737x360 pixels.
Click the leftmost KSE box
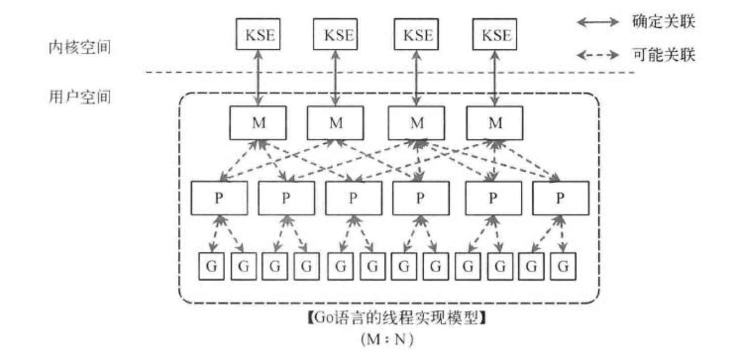(x=258, y=34)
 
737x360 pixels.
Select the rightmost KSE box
(x=495, y=34)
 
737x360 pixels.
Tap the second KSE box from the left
(x=336, y=34)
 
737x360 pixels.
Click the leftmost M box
(x=258, y=123)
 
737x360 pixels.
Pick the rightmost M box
(x=495, y=123)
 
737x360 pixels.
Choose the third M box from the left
(x=417, y=123)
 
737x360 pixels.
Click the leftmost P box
(x=219, y=198)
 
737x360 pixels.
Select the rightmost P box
(x=560, y=198)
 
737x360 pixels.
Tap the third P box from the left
(x=354, y=198)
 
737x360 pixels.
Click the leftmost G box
(x=211, y=266)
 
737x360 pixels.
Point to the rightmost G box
(x=563, y=266)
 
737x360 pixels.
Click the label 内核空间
(x=80, y=47)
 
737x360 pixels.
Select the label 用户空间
(x=80, y=96)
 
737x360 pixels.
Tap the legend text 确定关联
(x=664, y=21)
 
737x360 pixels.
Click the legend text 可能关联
(x=664, y=55)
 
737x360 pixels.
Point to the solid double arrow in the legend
(x=598, y=22)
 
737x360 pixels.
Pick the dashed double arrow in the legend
(x=598, y=55)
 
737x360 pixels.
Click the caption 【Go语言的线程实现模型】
(x=396, y=318)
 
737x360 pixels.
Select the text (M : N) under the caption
(x=387, y=340)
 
